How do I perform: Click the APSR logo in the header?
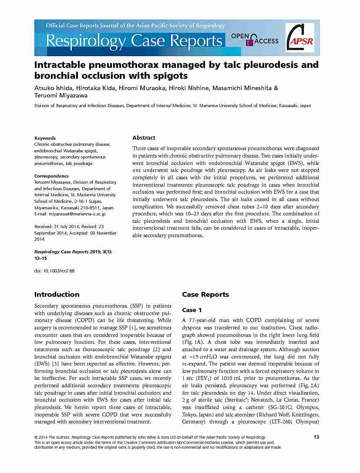click(302, 38)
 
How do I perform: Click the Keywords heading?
click(45, 138)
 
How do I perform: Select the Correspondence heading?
click(51, 176)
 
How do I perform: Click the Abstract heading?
click(144, 138)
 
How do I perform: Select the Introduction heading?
click(57, 295)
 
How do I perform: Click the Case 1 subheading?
click(192, 310)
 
